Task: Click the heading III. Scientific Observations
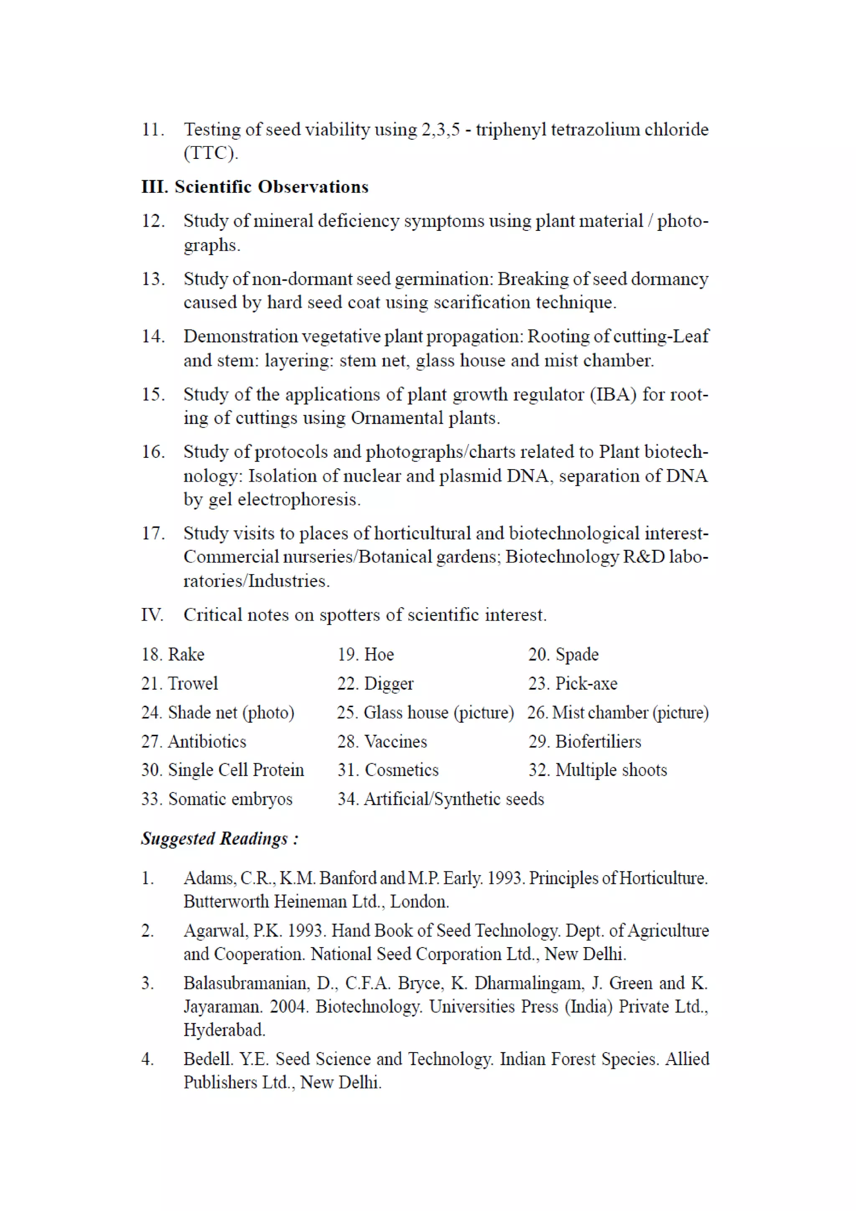pos(255,187)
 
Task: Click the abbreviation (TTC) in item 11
pos(211,153)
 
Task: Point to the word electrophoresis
pos(299,499)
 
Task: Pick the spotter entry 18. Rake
pos(173,654)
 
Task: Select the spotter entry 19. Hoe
pos(365,654)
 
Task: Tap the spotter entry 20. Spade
pos(563,654)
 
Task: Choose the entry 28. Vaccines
pos(382,741)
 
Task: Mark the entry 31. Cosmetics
pos(388,770)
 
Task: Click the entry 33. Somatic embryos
pos(217,799)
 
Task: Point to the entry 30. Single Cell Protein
pos(222,770)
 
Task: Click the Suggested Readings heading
pos(220,839)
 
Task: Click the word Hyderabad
pos(224,1030)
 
